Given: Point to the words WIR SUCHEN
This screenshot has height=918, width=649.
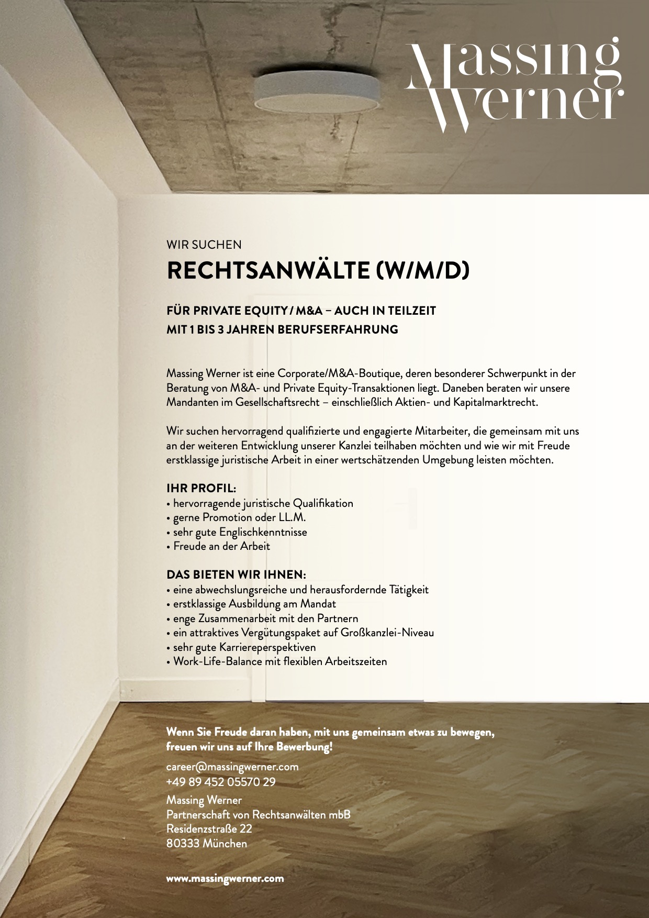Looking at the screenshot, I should pyautogui.click(x=204, y=244).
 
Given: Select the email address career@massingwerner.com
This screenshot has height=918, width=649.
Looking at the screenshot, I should pyautogui.click(x=232, y=767).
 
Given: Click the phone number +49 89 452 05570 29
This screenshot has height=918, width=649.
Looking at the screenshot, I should pyautogui.click(x=221, y=782).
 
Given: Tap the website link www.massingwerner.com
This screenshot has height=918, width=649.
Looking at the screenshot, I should pyautogui.click(x=225, y=878).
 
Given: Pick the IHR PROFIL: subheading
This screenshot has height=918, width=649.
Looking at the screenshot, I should pyautogui.click(x=202, y=489).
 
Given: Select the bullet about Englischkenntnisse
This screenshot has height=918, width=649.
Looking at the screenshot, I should pyautogui.click(x=237, y=532).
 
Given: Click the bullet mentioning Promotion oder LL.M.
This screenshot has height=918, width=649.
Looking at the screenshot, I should pyautogui.click(x=236, y=517).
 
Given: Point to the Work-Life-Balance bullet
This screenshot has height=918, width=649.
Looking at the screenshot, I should pyautogui.click(x=277, y=661).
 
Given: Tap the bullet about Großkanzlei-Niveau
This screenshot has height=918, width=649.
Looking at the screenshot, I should pyautogui.click(x=300, y=633).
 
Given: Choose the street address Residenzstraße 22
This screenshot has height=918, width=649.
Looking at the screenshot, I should pyautogui.click(x=209, y=829).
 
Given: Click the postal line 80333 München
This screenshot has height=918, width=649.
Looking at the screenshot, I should pyautogui.click(x=207, y=844).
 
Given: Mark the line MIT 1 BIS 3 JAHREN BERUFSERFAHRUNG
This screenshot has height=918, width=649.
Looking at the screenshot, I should pyautogui.click(x=282, y=329).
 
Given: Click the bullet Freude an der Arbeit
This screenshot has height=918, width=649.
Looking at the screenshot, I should pyautogui.click(x=219, y=546).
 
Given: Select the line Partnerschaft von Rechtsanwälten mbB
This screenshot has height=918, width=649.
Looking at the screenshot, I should pyautogui.click(x=258, y=815).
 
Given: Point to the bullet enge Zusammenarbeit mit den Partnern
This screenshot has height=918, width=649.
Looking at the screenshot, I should pyautogui.click(x=263, y=618).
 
